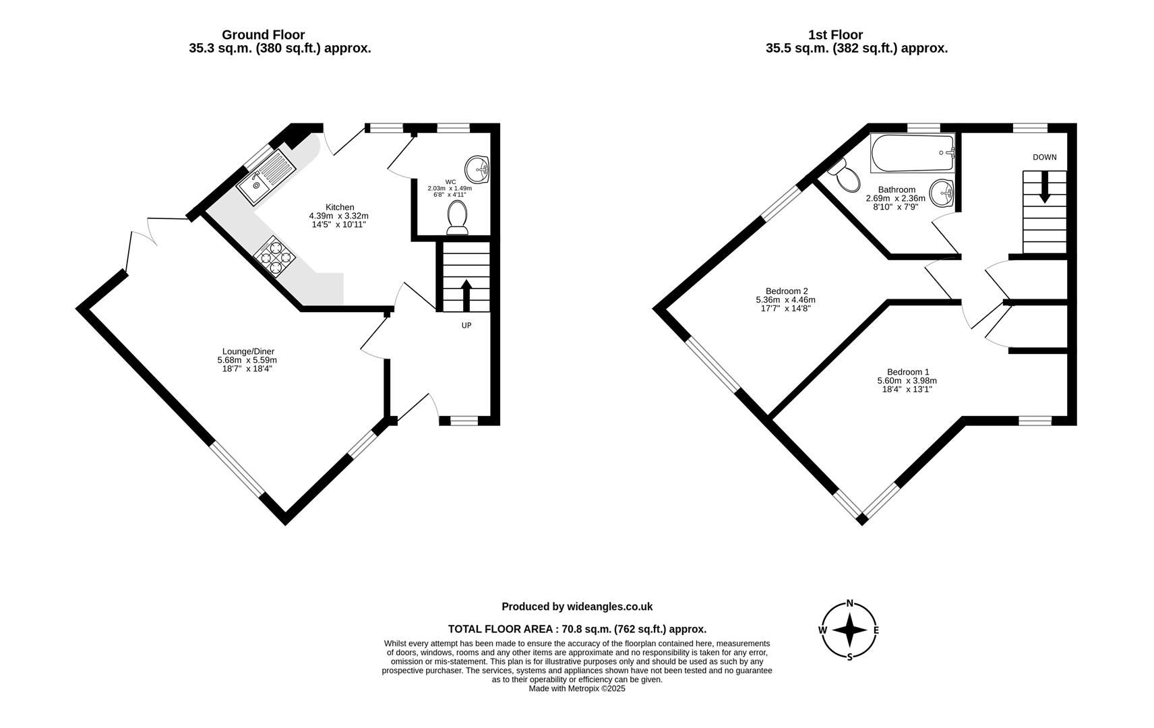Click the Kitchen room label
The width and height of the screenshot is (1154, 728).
pyautogui.click(x=339, y=207)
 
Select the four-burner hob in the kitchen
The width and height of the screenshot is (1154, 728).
pyautogui.click(x=275, y=257)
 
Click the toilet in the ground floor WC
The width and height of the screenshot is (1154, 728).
pyautogui.click(x=458, y=219)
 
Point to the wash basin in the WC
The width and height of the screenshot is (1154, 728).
pyautogui.click(x=477, y=168)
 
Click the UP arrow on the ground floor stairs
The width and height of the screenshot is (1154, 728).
pyautogui.click(x=466, y=294)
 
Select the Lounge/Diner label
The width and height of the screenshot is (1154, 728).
pyautogui.click(x=248, y=351)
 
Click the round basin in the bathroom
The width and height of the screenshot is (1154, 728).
pyautogui.click(x=941, y=194)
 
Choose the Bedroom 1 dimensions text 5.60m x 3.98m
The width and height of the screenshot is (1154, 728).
pyautogui.click(x=907, y=381)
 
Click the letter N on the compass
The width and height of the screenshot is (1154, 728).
pyautogui.click(x=850, y=603)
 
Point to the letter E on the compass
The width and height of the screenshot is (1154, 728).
pyautogui.click(x=876, y=630)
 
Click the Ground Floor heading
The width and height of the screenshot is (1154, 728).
pyautogui.click(x=263, y=34)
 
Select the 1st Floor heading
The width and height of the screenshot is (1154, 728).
pyautogui.click(x=835, y=34)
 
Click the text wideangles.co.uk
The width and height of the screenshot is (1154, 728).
pyautogui.click(x=609, y=607)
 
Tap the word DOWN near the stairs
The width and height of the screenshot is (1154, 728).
pyautogui.click(x=1044, y=157)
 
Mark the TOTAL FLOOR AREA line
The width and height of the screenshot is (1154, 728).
pyautogui.click(x=577, y=629)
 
